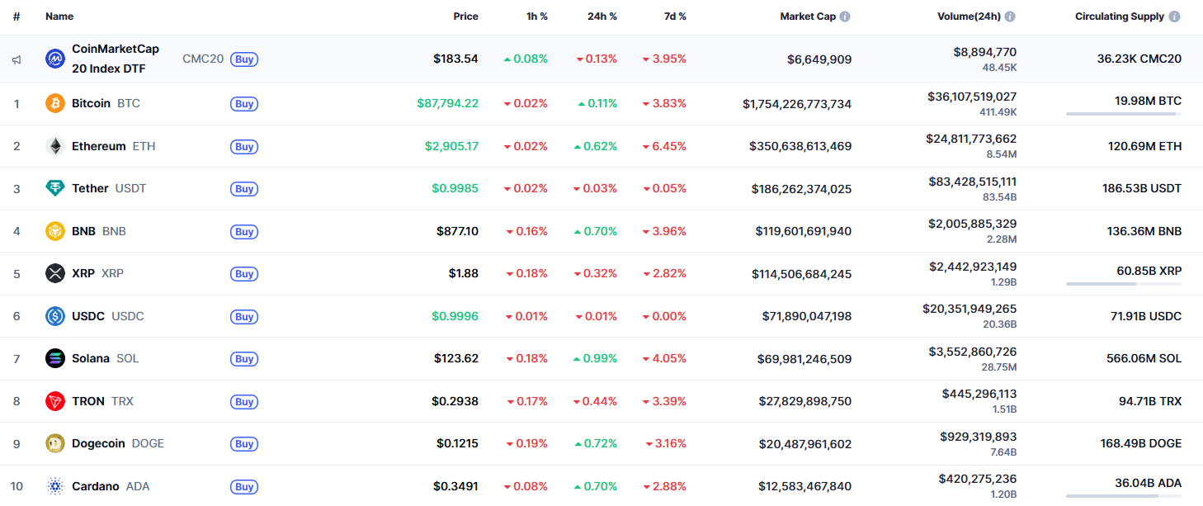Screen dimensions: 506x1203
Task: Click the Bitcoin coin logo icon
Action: tap(55, 103)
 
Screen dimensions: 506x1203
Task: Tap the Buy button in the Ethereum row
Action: tap(244, 146)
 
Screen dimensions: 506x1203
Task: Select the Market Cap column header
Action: tap(808, 17)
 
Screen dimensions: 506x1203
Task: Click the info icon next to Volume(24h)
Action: tap(1010, 17)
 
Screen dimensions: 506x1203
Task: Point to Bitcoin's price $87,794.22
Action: tap(447, 103)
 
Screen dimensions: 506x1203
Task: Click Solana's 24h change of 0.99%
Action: tap(596, 358)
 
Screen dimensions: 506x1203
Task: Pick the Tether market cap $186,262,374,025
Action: tap(801, 189)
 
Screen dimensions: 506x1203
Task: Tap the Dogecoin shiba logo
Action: tap(55, 443)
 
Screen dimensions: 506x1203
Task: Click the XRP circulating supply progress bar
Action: tap(1123, 284)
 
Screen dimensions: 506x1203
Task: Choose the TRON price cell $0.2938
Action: tap(455, 401)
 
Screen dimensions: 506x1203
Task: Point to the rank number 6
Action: tap(17, 316)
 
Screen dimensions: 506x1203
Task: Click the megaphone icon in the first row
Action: tap(17, 59)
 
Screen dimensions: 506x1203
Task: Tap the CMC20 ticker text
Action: tap(203, 59)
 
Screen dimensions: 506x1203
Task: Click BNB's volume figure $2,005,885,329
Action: tap(972, 224)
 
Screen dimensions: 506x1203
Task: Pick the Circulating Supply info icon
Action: tap(1174, 17)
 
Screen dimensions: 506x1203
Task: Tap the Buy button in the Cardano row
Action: tap(244, 486)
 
